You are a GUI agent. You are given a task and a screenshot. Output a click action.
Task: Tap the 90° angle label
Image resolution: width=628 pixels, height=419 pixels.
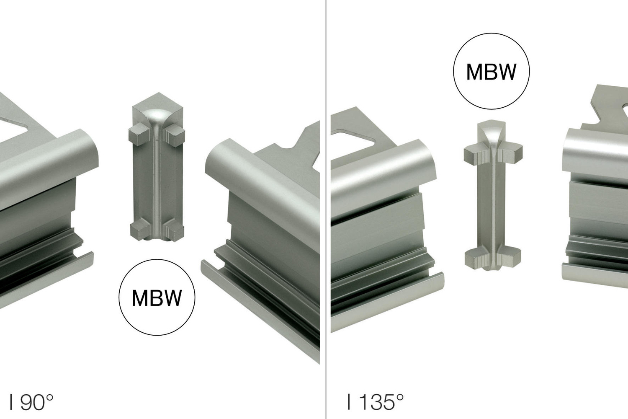tap(31, 402)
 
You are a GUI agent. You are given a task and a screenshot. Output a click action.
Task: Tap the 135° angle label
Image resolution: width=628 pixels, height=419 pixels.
tap(376, 402)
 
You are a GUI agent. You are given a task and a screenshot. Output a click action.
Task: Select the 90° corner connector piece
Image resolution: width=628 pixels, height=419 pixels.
tap(157, 167)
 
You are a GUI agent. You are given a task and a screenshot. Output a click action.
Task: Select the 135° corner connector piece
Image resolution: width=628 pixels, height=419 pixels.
tap(493, 195)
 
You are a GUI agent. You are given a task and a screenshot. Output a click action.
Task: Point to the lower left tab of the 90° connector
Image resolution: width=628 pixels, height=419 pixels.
tap(139, 229)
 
